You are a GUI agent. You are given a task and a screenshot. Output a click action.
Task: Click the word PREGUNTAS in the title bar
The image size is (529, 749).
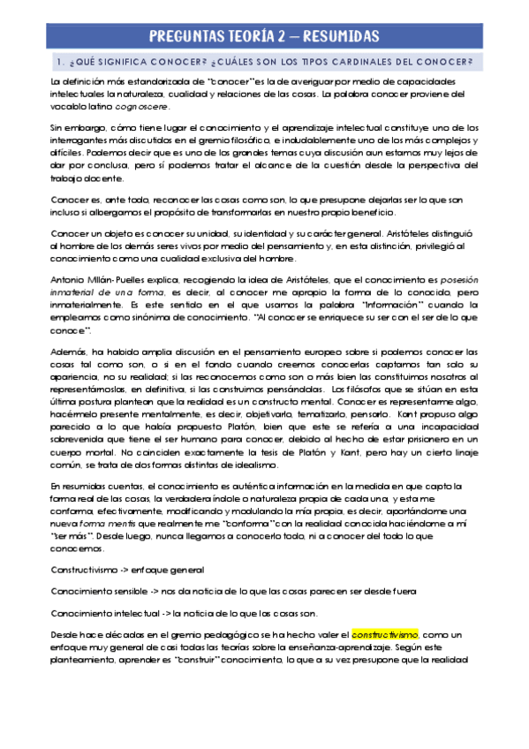tap(187, 36)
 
